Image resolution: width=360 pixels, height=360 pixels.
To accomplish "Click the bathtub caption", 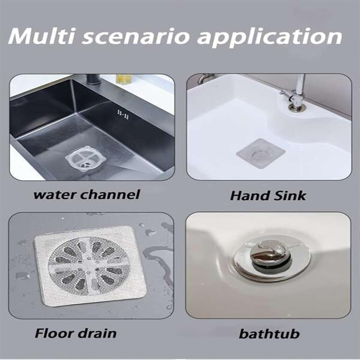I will click(x=269, y=334).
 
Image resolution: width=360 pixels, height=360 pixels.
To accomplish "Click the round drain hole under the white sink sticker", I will click(x=260, y=153).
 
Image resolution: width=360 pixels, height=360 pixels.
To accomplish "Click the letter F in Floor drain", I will click(x=40, y=333).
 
